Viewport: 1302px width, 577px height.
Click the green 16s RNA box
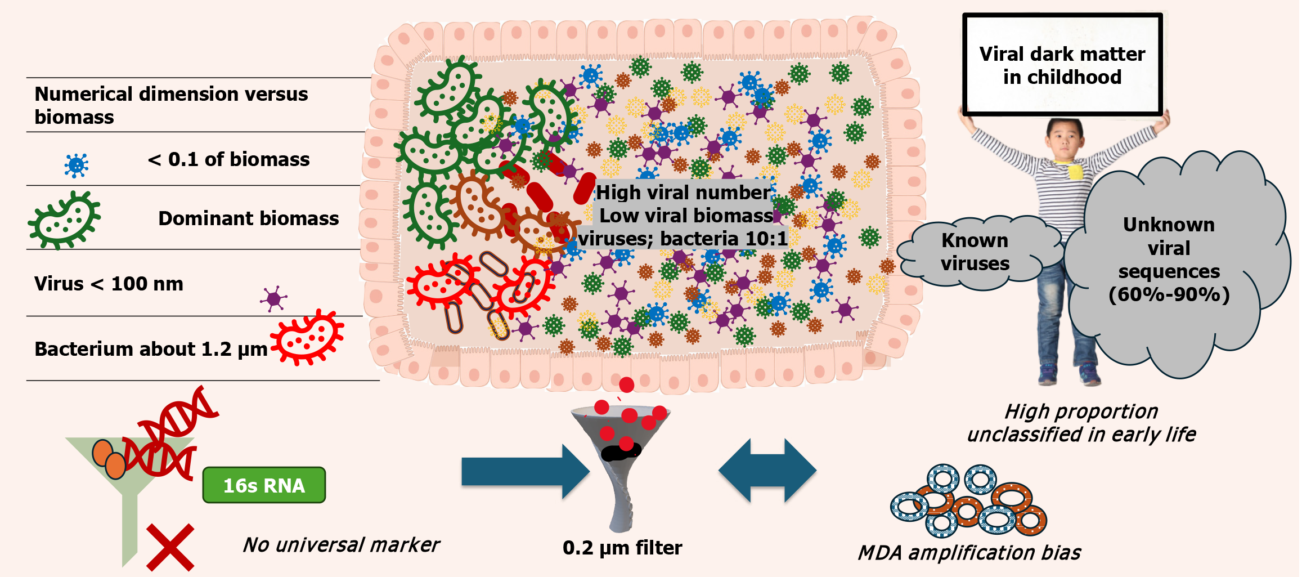[x=264, y=485]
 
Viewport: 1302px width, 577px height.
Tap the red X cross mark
[x=170, y=547]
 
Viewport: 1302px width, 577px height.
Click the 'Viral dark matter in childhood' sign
[x=1062, y=65]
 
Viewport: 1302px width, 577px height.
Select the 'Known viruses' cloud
[x=975, y=252]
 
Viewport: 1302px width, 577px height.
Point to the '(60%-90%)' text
[x=1169, y=294]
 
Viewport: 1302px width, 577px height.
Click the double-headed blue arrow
[x=767, y=471]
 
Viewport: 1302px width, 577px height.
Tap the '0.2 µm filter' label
[x=622, y=548]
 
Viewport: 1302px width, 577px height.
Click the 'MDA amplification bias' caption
[x=969, y=553]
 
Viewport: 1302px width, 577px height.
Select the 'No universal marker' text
[x=341, y=545]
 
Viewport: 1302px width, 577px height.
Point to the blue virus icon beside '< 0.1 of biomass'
[x=76, y=166]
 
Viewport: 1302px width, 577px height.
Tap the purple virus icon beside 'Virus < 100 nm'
[x=274, y=298]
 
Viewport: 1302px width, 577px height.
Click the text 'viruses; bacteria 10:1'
[x=683, y=239]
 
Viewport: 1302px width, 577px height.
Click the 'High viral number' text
[x=683, y=193]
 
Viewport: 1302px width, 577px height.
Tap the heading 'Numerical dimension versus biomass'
[x=171, y=105]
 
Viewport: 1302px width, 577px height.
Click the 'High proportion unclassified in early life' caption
[x=1081, y=423]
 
